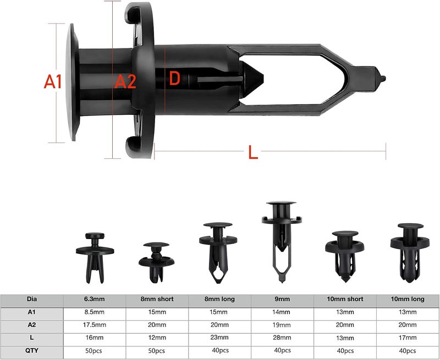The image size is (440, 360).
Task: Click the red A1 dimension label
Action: (x=53, y=81)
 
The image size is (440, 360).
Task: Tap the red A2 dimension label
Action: (x=125, y=81)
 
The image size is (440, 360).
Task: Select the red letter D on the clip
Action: (x=174, y=78)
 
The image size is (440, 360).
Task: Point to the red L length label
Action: (x=253, y=152)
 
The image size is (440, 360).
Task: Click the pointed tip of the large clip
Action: (x=384, y=78)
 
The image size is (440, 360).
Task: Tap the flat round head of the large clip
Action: (x=72, y=82)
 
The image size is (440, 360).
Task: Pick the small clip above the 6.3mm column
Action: (x=95, y=257)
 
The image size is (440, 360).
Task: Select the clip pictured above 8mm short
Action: (x=156, y=262)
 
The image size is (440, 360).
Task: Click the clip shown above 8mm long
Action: (x=218, y=253)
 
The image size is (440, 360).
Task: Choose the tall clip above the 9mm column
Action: (x=282, y=241)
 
